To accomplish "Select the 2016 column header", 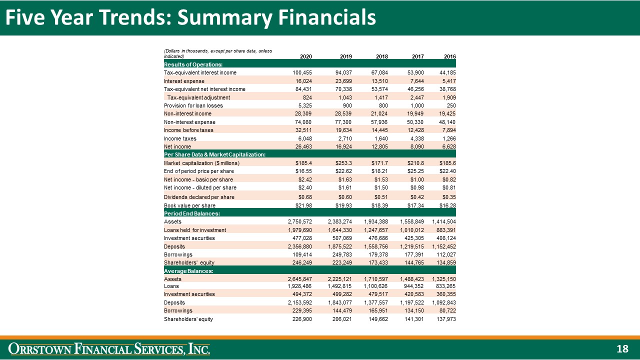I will coord(449,56).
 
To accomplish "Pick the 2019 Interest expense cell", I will coord(342,81).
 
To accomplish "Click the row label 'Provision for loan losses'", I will coord(193,105).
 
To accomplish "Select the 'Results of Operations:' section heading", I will coord(193,64).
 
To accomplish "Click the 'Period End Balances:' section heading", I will coord(192,213).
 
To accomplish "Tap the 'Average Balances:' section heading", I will coord(189,271).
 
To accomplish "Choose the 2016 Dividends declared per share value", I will coord(448,197).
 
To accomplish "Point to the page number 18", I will coord(622,348).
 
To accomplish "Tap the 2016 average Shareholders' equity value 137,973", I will coord(445,319).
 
